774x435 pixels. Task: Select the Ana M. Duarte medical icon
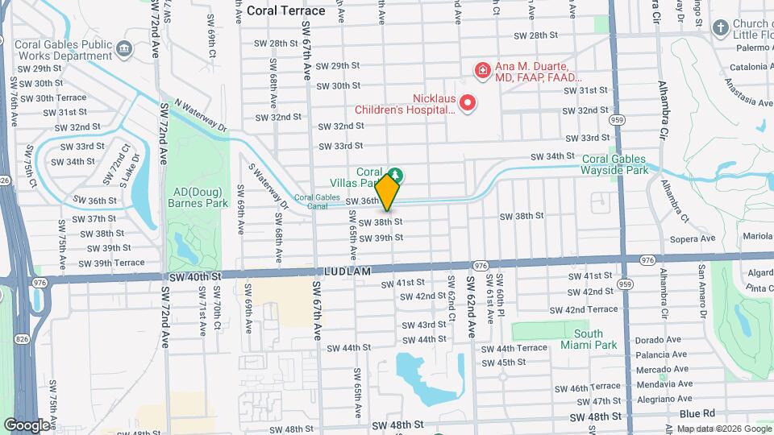482,71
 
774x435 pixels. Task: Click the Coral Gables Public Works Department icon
125,50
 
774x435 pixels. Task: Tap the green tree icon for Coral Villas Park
395,175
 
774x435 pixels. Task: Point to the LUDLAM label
349,271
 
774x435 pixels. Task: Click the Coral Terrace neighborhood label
286,10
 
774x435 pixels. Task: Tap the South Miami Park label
594,339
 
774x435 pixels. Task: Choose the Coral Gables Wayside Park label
615,165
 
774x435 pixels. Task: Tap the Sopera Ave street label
695,238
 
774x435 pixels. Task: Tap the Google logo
27,425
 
